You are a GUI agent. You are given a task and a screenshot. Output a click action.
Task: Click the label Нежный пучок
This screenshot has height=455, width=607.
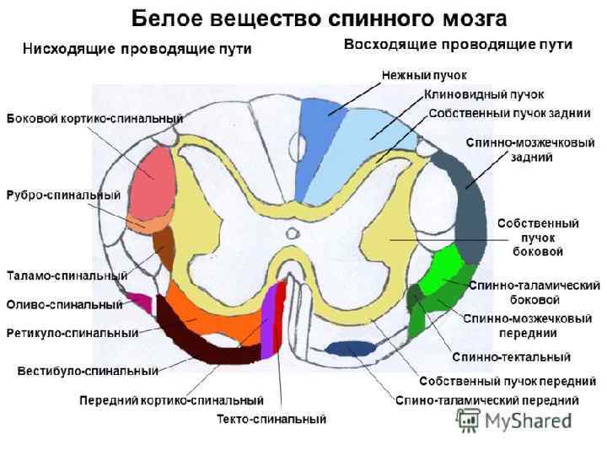(418, 75)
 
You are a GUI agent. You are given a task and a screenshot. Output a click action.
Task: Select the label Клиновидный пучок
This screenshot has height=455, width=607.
(484, 94)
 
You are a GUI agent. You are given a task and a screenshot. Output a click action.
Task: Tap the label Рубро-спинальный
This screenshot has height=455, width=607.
(63, 195)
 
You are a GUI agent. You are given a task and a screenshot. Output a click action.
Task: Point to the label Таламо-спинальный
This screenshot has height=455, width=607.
(67, 276)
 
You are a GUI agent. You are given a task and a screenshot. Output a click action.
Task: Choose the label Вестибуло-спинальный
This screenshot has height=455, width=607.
(88, 370)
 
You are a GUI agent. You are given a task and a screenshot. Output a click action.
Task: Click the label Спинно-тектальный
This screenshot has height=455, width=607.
(511, 357)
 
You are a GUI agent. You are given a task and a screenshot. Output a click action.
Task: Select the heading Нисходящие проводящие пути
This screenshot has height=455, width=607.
(137, 49)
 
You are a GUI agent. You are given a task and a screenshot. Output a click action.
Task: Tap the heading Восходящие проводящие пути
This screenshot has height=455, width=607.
(458, 44)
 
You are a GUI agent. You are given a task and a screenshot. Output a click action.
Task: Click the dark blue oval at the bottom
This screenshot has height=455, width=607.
(351, 348)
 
